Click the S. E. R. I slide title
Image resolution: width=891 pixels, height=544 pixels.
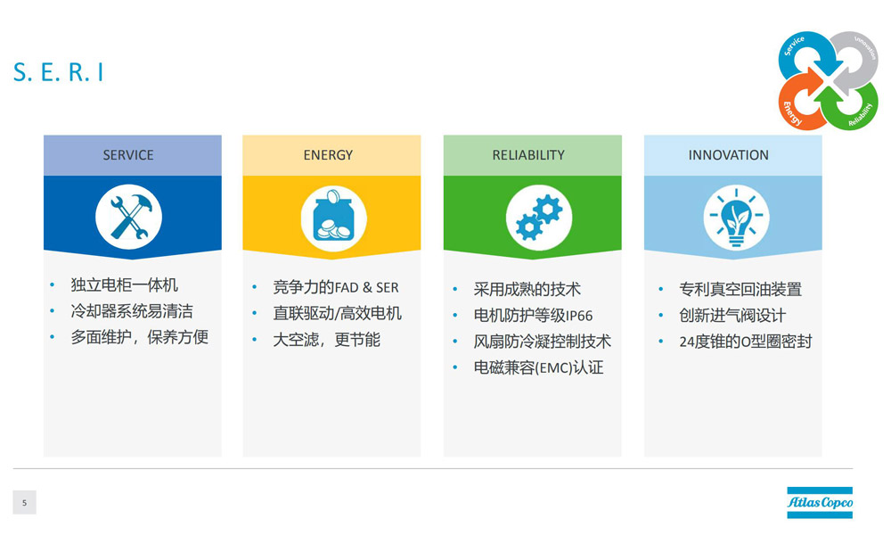coord(58,72)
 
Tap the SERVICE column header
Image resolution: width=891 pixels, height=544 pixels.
coord(128,155)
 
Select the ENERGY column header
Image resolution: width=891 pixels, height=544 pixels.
coord(328,155)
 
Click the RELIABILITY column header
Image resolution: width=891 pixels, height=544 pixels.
coord(528,155)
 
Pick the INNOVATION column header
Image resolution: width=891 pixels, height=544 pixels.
coord(729,155)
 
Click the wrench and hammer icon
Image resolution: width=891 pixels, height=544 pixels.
coord(129,217)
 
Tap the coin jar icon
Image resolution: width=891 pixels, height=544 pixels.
coord(333,218)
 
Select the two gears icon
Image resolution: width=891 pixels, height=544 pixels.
coord(539,218)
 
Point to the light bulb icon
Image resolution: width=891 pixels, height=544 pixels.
coord(737,218)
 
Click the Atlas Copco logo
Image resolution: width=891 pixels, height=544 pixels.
coord(820,502)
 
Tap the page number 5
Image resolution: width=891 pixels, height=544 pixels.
coord(24,502)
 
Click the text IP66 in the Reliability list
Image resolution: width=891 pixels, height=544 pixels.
coord(579,316)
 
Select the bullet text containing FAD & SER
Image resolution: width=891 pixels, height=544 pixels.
coord(336,287)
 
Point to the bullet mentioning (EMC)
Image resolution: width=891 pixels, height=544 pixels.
coord(539,367)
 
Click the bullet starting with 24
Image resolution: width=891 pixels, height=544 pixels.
coord(746,342)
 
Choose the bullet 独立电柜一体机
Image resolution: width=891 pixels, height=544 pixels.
coord(125,284)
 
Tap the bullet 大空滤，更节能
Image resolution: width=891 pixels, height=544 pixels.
coord(327,340)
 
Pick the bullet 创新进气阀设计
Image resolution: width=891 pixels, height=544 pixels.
coord(732,315)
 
